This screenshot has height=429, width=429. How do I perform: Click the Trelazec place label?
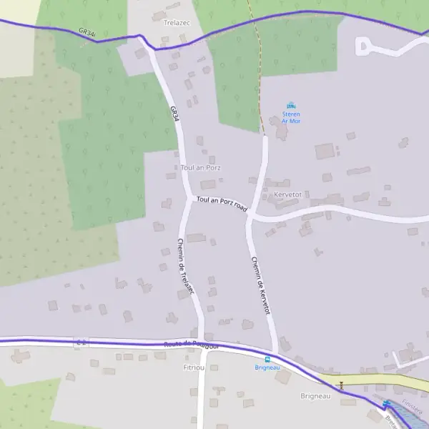coord(174,23)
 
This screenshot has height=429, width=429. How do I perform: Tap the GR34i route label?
coord(87,33)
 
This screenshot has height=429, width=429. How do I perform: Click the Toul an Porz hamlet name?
coord(201,167)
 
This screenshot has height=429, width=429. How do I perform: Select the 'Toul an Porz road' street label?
coord(222,204)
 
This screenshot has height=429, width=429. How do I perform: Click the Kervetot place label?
coord(288,194)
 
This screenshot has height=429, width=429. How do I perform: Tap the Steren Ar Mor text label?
coord(291,117)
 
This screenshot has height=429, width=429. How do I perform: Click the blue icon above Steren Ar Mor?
coord(291,106)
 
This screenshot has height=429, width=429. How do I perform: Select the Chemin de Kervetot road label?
coord(260,285)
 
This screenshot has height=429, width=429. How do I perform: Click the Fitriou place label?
coord(194,367)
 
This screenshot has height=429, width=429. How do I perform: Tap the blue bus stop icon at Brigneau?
coord(268,359)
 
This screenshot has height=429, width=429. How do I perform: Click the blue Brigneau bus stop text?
coord(267,368)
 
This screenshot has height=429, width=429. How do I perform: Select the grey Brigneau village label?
coord(315,395)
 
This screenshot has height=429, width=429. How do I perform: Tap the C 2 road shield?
coord(82,343)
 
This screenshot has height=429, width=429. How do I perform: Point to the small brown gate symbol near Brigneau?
coord(340,384)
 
